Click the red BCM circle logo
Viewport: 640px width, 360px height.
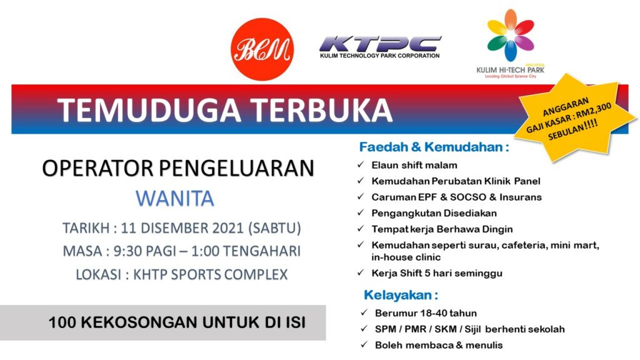[262, 49]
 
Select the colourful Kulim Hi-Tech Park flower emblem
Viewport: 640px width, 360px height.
[510, 35]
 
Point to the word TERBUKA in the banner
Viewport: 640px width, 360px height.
[321, 110]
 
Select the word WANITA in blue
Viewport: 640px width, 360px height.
[175, 199]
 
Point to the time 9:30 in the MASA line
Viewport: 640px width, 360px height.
[125, 251]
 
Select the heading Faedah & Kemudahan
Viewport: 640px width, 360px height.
[434, 147]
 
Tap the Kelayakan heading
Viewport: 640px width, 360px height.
[401, 295]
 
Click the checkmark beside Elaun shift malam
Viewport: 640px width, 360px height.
[361, 164]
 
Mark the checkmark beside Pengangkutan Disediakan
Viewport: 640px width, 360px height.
[361, 212]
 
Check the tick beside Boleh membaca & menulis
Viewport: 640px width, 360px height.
[364, 345]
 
